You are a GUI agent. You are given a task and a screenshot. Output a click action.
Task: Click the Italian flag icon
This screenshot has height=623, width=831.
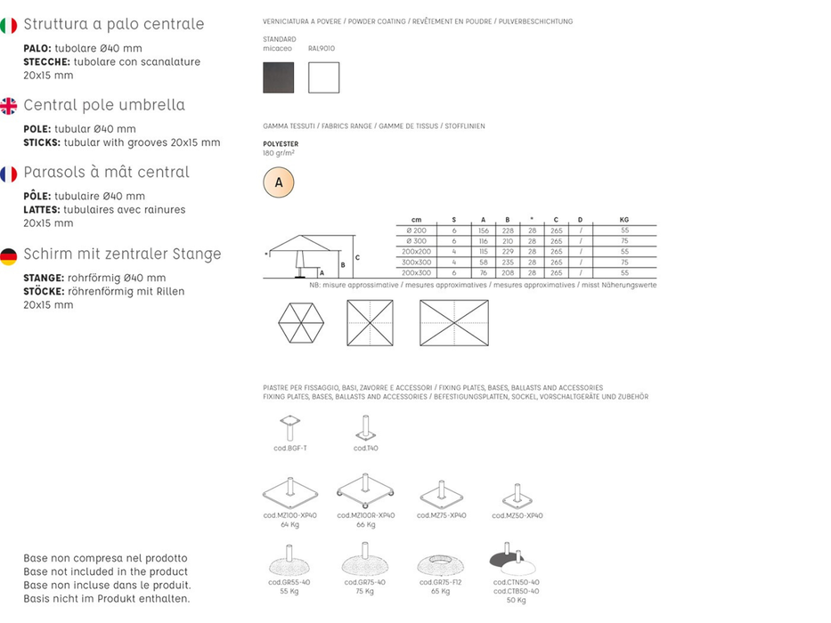point(9,25)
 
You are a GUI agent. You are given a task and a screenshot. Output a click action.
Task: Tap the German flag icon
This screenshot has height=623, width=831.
point(9,256)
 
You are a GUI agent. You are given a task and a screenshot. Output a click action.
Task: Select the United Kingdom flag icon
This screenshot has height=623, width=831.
point(9,106)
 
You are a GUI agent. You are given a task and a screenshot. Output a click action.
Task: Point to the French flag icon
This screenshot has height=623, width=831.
point(9,174)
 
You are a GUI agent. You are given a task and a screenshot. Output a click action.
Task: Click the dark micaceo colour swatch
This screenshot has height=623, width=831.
point(278,77)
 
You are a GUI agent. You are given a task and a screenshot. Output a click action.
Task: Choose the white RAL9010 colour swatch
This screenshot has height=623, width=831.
point(323,77)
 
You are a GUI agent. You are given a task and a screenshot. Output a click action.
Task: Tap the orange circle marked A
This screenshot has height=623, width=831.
point(279,182)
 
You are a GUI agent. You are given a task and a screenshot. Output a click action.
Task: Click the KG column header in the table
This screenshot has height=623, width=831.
point(623,220)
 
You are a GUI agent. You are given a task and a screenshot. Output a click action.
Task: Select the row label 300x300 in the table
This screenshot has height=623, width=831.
point(417,263)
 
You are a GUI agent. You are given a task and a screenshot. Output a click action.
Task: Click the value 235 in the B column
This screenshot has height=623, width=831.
point(508,263)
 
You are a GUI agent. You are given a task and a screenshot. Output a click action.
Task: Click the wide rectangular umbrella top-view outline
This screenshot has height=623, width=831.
point(454,322)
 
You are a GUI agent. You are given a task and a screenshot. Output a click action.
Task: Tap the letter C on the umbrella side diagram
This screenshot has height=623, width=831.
point(356,257)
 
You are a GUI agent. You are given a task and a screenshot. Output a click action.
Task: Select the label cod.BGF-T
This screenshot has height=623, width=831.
point(290,448)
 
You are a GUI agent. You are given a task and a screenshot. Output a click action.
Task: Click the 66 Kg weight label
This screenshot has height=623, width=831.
point(365,524)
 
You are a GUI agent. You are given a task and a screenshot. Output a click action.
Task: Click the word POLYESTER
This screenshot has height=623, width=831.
point(281,143)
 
